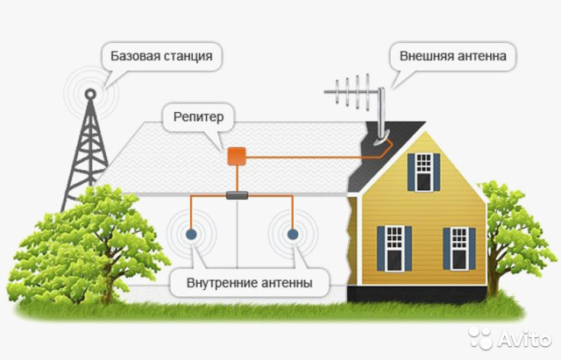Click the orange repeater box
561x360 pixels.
(237, 156)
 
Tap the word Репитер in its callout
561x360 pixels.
(199, 117)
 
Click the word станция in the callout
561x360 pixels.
(188, 56)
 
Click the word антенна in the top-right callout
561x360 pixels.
(480, 56)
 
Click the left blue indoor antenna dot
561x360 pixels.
(191, 234)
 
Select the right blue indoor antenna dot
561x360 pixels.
(293, 234)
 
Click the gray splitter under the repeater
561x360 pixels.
(238, 195)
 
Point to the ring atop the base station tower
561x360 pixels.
(90, 94)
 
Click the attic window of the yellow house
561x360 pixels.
(424, 172)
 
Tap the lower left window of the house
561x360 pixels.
(394, 249)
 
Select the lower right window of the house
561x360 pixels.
(459, 249)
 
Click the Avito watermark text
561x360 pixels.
(524, 338)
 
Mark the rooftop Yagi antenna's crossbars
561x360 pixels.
(352, 91)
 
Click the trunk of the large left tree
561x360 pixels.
(106, 282)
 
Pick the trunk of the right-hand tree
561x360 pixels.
(494, 275)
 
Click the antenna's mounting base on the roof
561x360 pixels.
(381, 139)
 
